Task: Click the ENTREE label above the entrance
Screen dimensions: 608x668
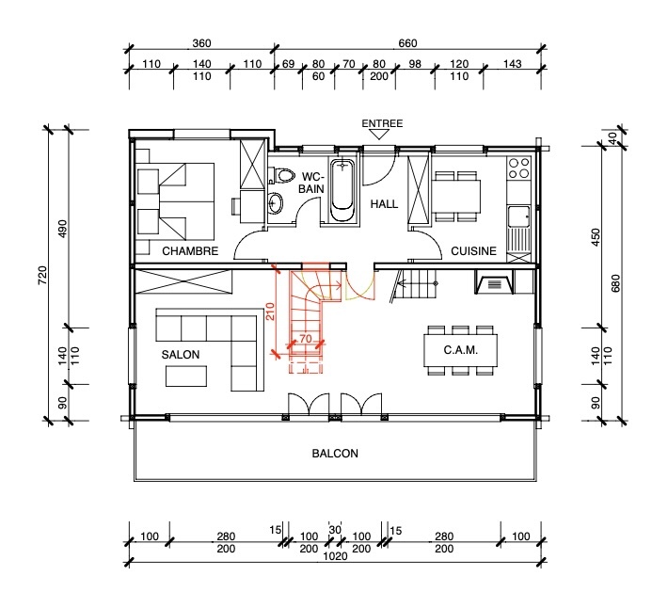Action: (382, 123)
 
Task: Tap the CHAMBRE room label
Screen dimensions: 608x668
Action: (190, 251)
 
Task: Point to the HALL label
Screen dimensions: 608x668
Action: (385, 204)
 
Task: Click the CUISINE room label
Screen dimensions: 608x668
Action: (473, 251)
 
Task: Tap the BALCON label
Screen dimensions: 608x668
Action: (334, 454)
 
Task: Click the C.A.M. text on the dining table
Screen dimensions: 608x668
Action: (460, 350)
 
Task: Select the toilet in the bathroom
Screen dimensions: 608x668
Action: (286, 176)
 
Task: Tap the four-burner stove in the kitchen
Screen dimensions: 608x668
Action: (518, 169)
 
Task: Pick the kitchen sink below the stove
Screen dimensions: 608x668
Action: (518, 218)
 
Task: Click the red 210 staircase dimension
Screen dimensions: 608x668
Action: (270, 311)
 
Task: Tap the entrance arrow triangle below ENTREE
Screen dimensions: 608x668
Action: (381, 136)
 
